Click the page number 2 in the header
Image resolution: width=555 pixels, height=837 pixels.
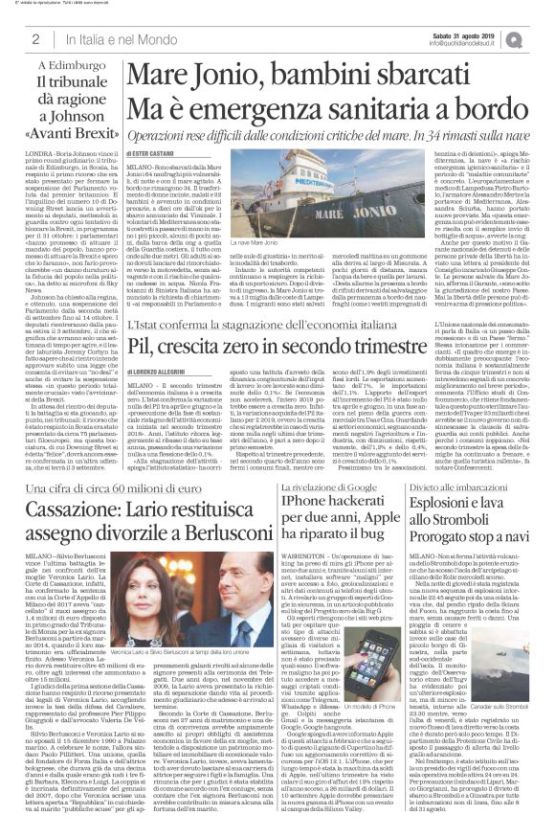tap(34, 38)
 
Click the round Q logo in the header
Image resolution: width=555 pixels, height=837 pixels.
tap(541, 38)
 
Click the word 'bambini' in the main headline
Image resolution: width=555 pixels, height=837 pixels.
tap(286, 77)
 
